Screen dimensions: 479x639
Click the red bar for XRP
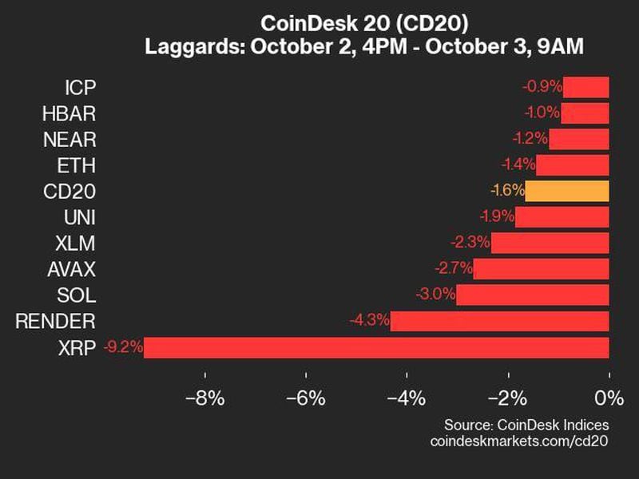[x=375, y=347]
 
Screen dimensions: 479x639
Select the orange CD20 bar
[x=567, y=191]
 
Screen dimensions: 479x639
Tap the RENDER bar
[x=499, y=321]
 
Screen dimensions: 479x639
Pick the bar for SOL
[x=533, y=295]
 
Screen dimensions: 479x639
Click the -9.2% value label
[x=124, y=347]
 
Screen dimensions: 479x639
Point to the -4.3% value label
[x=370, y=321]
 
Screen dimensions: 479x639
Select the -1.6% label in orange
[x=506, y=191]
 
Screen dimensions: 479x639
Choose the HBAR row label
[x=69, y=113]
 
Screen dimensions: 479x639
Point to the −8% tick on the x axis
[x=204, y=398]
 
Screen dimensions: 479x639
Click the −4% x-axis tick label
[x=407, y=398]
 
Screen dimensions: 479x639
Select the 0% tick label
[x=609, y=398]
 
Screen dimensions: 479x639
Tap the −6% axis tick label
[x=306, y=398]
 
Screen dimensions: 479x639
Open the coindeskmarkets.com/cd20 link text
[x=519, y=441]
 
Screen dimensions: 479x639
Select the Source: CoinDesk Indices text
[x=526, y=424]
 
